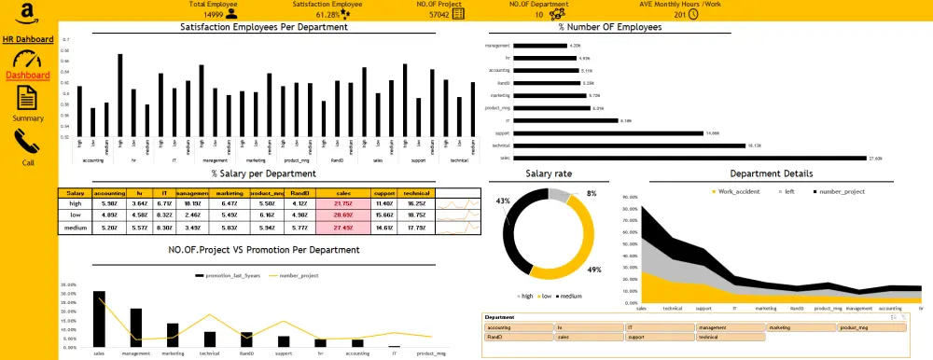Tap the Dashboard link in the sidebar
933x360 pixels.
tap(27, 75)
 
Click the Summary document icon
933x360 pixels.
tap(27, 97)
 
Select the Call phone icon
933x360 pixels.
tap(27, 141)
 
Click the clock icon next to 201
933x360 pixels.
tap(693, 14)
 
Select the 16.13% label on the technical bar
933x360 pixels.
tap(729, 145)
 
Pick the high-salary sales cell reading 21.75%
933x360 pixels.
tap(342, 202)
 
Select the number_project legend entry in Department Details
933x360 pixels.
tap(842, 191)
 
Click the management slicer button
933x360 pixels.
tap(731, 327)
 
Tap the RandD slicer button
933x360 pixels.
tap(518, 337)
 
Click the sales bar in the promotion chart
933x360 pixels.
tap(99, 319)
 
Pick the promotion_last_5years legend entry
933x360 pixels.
tap(231, 276)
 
